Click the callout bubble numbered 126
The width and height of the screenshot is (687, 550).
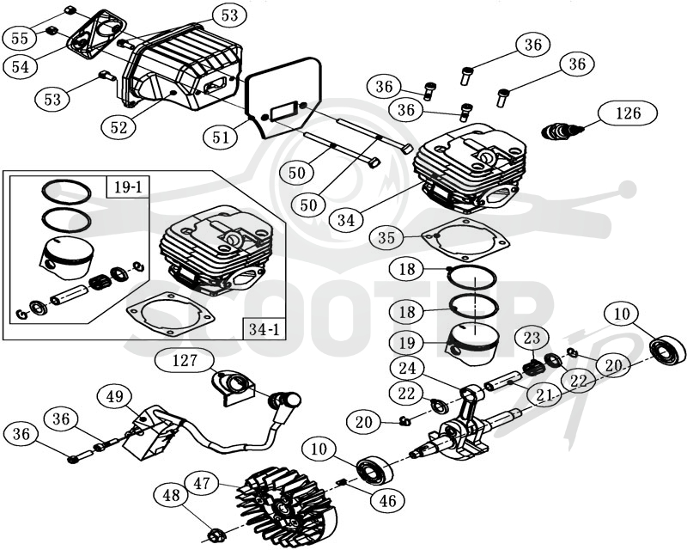(629, 113)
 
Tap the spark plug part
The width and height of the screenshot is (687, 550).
(563, 131)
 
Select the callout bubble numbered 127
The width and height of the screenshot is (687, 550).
(185, 361)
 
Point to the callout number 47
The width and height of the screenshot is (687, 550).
(202, 483)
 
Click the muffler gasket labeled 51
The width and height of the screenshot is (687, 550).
(283, 97)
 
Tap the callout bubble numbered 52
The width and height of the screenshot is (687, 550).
(119, 127)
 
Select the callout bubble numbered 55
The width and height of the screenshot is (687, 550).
(20, 38)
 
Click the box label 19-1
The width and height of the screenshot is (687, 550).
(128, 186)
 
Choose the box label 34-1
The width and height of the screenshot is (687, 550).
(264, 329)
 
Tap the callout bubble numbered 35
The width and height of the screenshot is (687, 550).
(386, 238)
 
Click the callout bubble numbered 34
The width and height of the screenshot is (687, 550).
(346, 219)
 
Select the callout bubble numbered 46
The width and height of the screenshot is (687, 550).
(388, 500)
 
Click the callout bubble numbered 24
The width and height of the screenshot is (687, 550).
(407, 368)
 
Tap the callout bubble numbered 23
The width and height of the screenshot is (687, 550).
(532, 338)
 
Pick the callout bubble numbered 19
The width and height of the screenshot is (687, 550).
(407, 342)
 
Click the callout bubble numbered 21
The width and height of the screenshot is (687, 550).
(544, 394)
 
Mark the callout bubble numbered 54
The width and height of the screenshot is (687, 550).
(20, 67)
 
